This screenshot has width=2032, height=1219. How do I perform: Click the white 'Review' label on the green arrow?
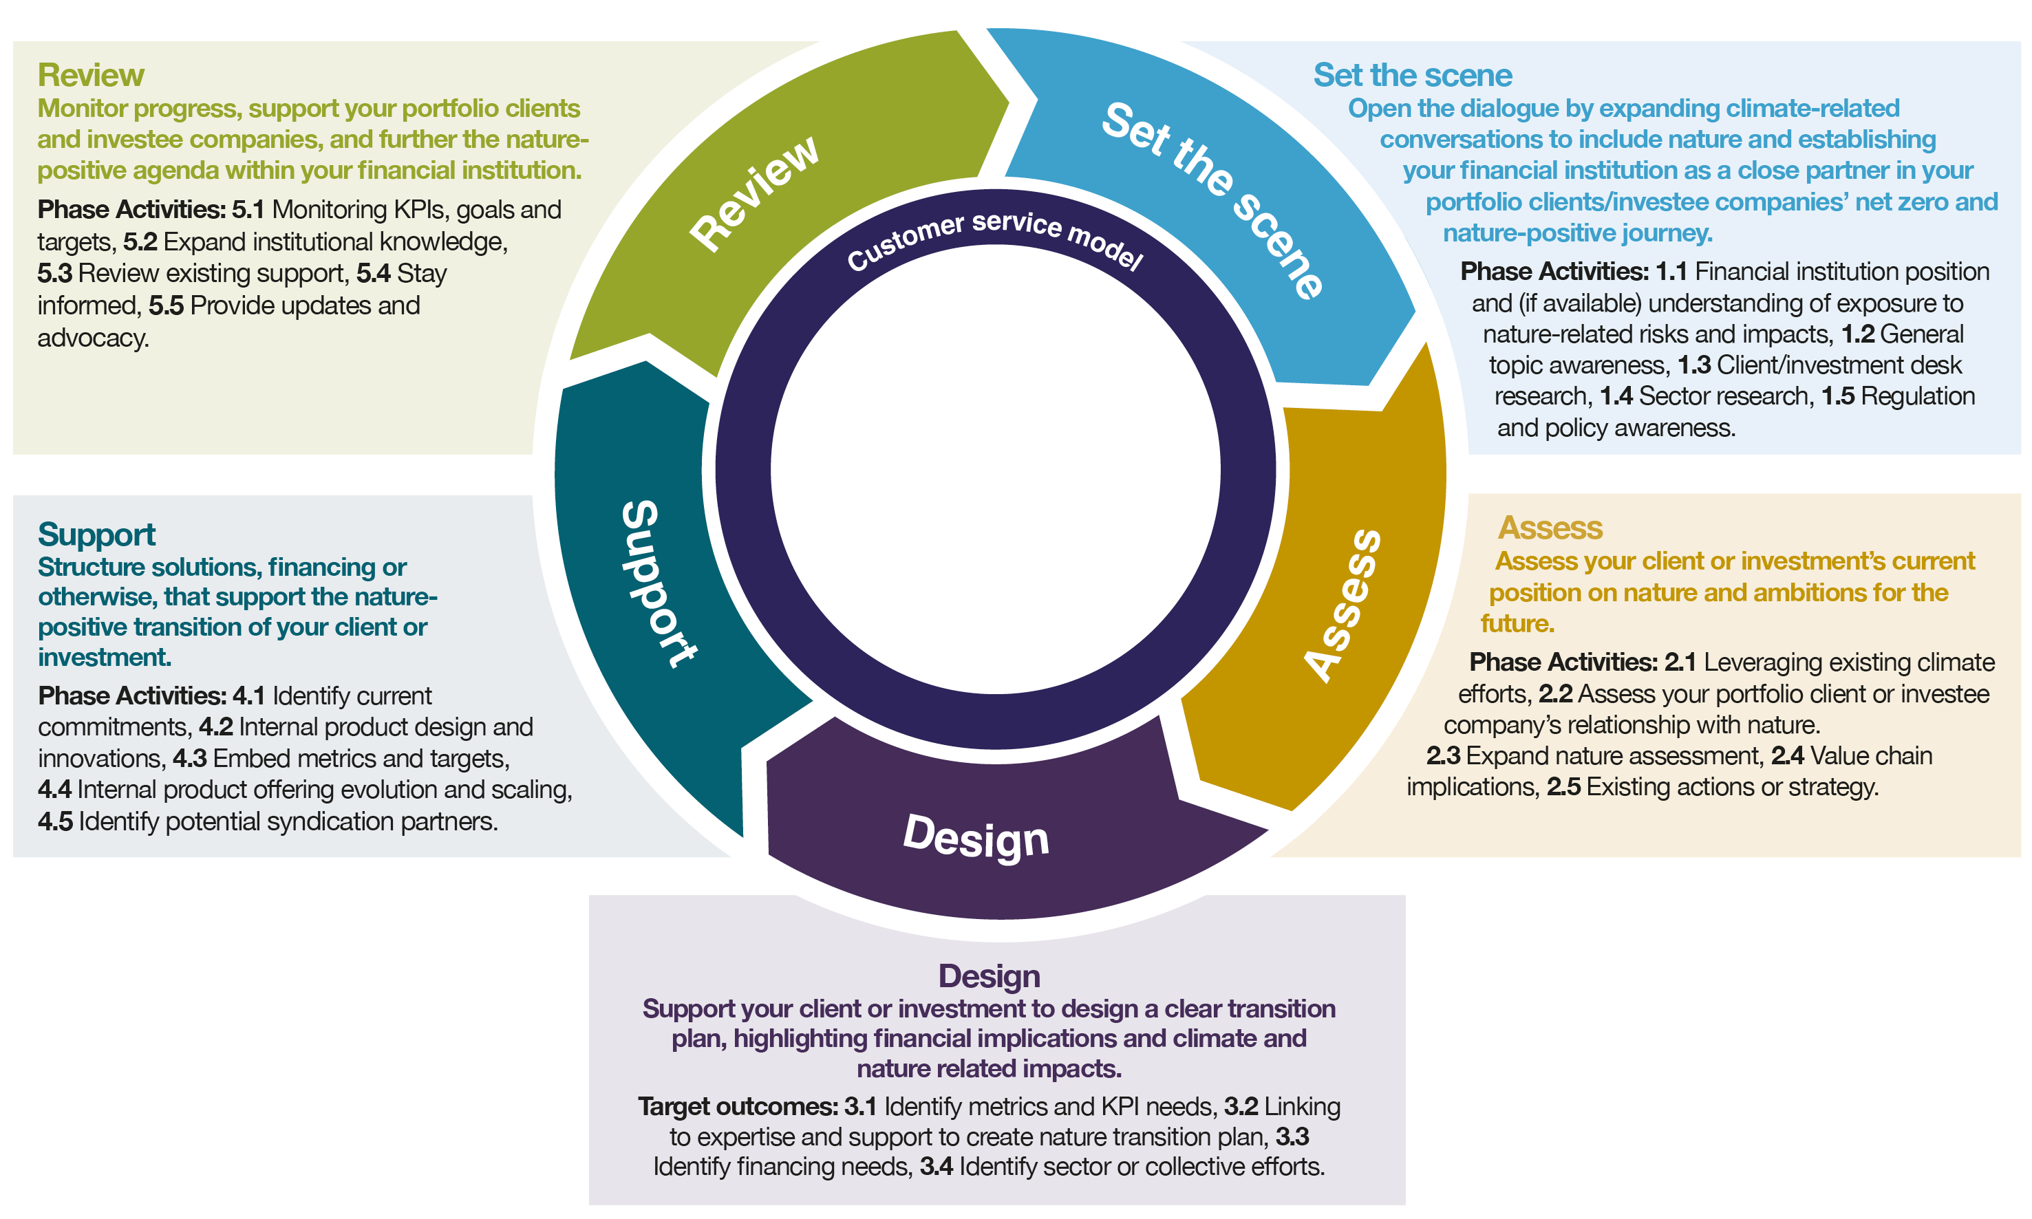(754, 193)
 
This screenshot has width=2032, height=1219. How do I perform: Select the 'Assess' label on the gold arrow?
(1345, 606)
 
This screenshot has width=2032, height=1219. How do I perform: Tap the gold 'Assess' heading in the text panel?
(1550, 528)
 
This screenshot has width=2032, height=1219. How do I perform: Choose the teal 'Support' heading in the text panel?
(96, 534)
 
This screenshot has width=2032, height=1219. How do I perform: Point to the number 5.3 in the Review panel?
(54, 272)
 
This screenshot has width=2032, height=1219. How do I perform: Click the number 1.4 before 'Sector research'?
(1616, 396)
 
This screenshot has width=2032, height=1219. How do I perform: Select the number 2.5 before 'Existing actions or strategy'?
(1563, 787)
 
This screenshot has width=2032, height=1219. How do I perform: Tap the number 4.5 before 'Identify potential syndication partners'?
(55, 821)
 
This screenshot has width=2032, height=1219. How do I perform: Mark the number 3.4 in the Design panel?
(935, 1167)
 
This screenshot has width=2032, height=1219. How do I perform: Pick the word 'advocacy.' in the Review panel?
(93, 338)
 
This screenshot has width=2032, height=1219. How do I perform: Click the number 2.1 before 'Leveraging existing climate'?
(1680, 662)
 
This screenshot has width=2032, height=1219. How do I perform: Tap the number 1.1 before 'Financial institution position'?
(1671, 271)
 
